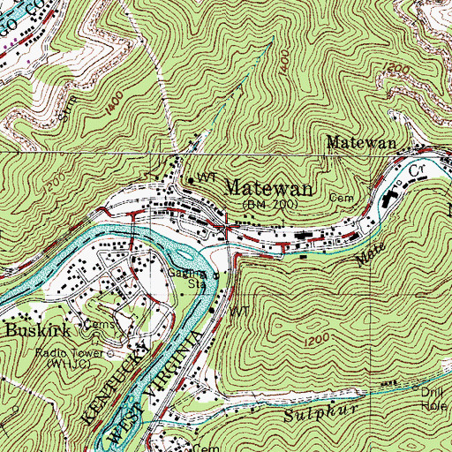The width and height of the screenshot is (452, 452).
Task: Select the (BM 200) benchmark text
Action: (269, 204)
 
